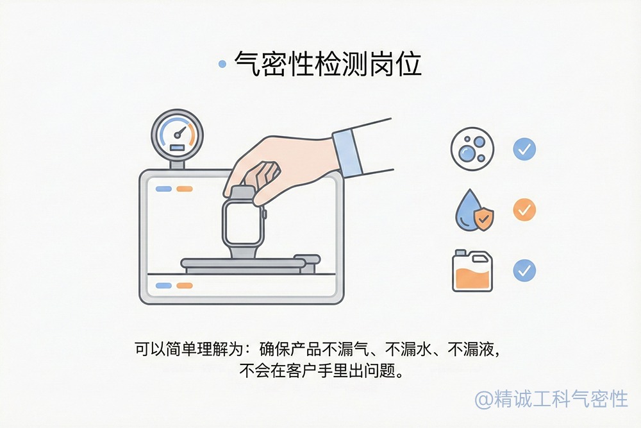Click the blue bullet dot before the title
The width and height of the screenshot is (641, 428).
tap(222, 64)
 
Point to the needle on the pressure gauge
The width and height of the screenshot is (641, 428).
tap(179, 134)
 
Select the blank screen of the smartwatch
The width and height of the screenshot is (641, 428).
tap(242, 222)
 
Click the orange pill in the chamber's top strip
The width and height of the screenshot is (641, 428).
tap(185, 189)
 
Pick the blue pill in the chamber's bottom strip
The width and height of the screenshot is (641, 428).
tap(163, 286)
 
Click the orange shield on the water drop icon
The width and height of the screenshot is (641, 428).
tap(483, 219)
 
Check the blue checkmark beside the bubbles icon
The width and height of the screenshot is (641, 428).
tap(524, 150)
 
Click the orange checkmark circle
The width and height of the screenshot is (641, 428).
tap(524, 210)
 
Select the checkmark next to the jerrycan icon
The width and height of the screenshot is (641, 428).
tap(524, 270)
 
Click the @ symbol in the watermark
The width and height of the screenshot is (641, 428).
tap(483, 399)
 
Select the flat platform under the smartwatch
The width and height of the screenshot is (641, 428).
tap(244, 262)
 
